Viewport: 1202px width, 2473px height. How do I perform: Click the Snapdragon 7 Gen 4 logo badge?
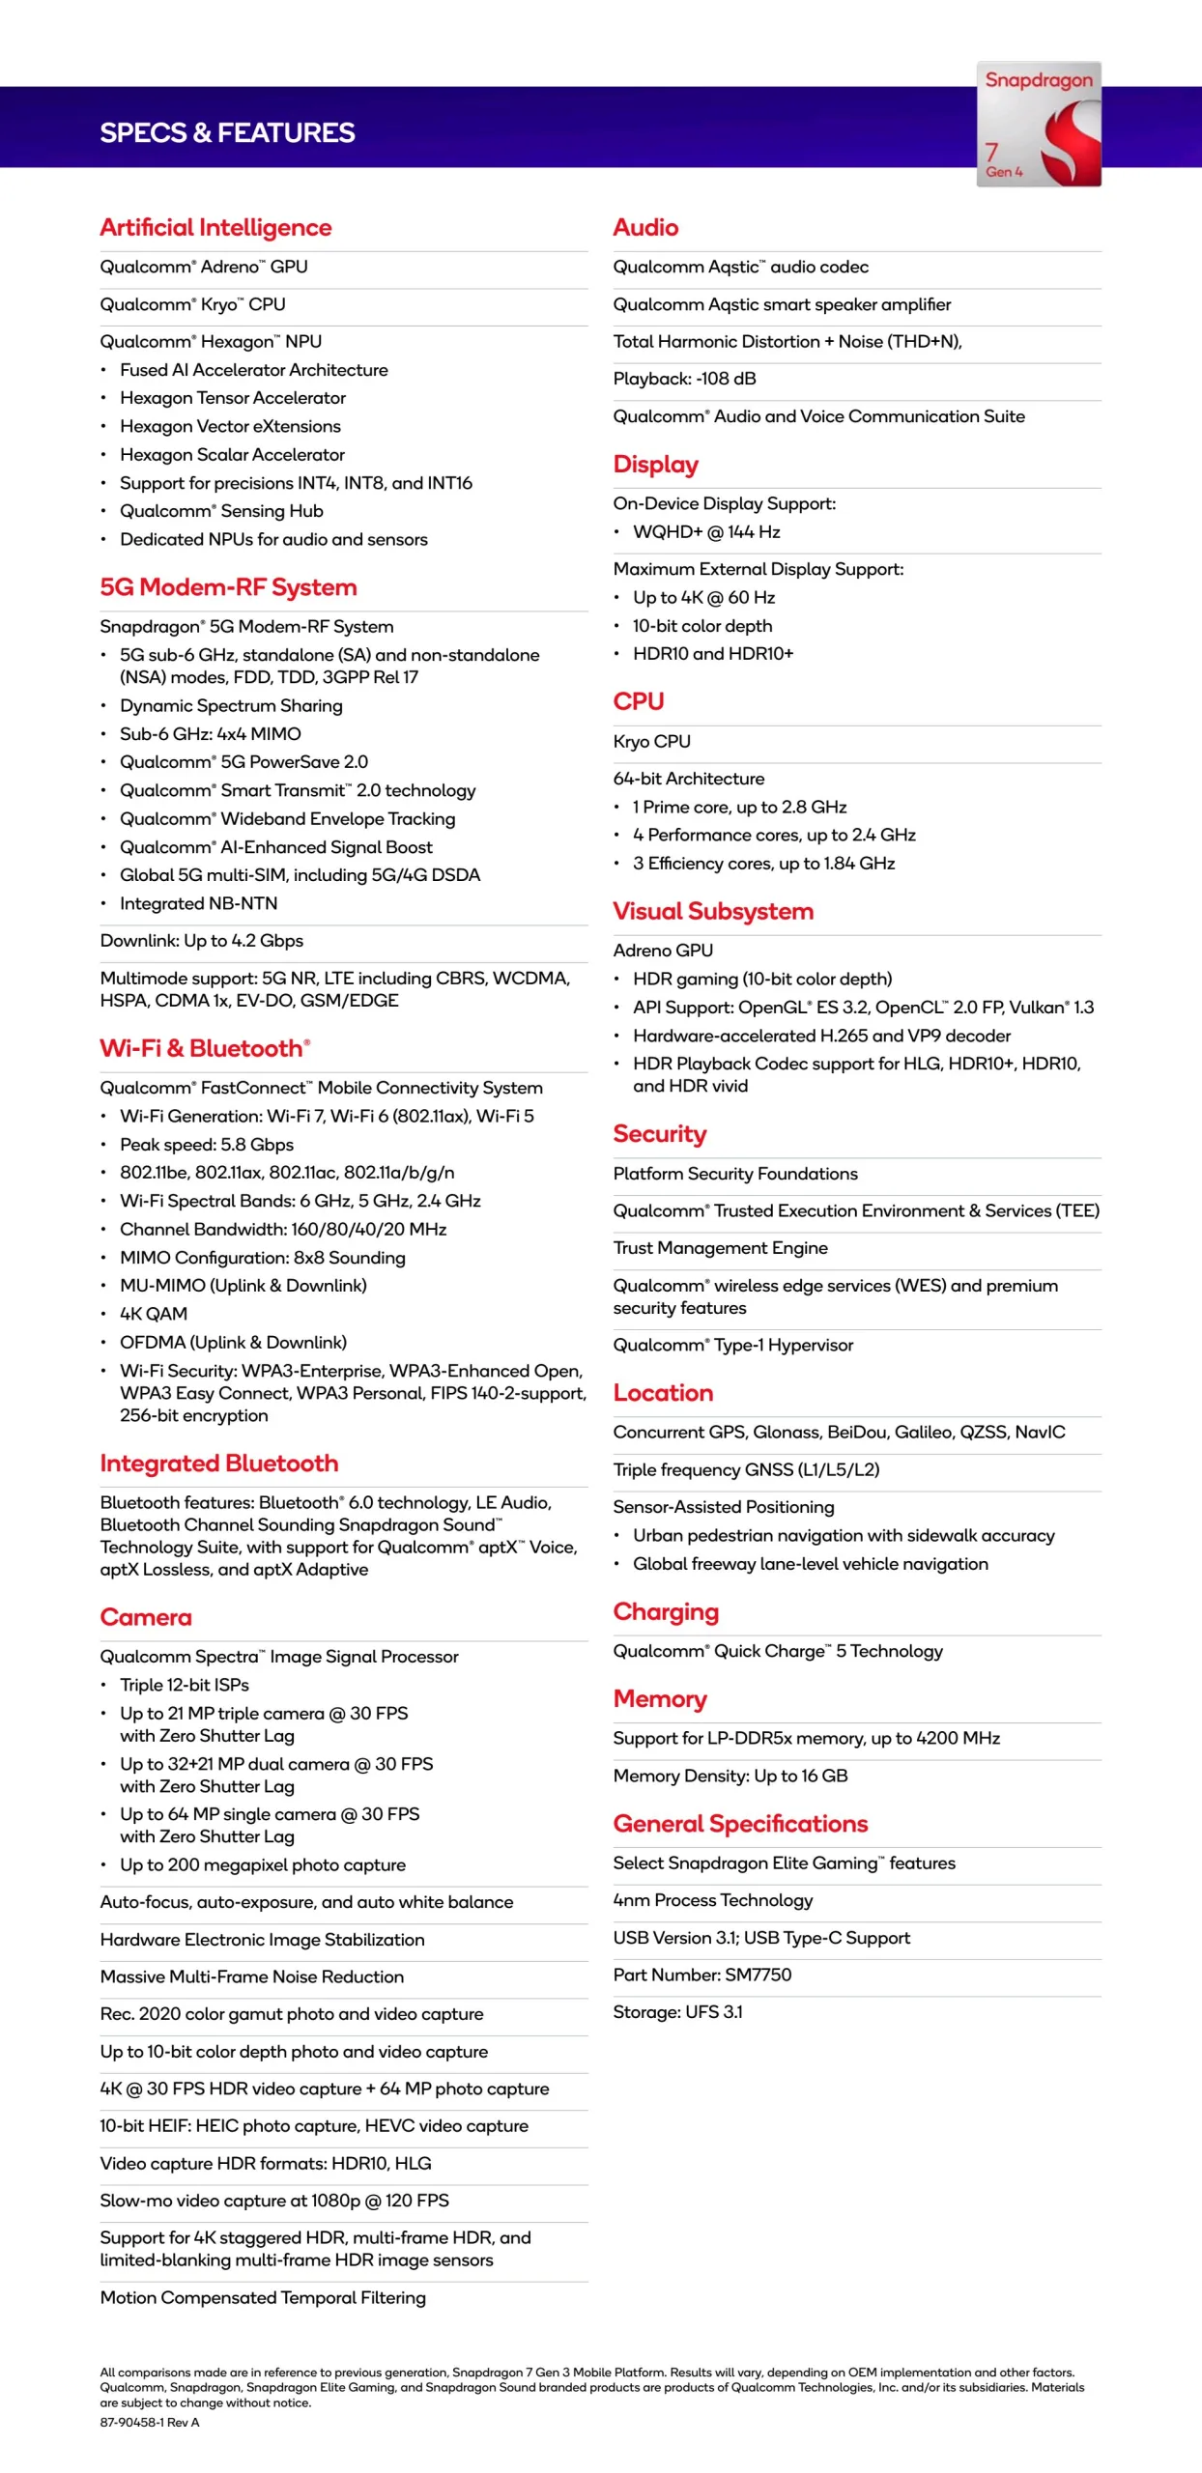(x=1038, y=124)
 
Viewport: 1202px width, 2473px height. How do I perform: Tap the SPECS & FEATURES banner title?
(x=227, y=132)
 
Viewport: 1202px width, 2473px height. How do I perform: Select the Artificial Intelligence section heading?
(x=215, y=227)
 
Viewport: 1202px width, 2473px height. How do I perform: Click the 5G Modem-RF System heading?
(x=228, y=586)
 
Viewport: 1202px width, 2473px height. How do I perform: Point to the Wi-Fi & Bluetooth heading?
(x=205, y=1048)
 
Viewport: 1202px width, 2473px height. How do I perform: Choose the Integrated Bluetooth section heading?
(x=219, y=1463)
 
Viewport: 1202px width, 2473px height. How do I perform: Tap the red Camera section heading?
(x=146, y=1616)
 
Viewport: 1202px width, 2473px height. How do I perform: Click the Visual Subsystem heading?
(x=713, y=911)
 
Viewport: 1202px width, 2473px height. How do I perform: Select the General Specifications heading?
(x=740, y=1823)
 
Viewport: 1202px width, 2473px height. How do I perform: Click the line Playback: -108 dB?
(x=684, y=379)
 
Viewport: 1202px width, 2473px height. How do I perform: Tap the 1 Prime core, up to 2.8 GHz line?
(x=739, y=807)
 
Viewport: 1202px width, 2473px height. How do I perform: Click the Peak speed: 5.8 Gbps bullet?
(x=206, y=1144)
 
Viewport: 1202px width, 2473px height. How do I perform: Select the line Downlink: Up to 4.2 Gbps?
(x=201, y=940)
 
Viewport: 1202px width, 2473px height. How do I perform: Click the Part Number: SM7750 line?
(x=701, y=1975)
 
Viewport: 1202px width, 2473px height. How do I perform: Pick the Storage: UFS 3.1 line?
(x=677, y=2012)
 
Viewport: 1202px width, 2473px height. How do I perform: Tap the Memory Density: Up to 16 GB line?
(x=730, y=1776)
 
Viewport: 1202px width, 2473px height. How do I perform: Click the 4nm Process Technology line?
(x=712, y=1900)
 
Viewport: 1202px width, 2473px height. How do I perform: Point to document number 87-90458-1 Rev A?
(x=149, y=2422)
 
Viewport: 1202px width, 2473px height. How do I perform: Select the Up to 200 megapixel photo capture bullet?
(x=262, y=1864)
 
